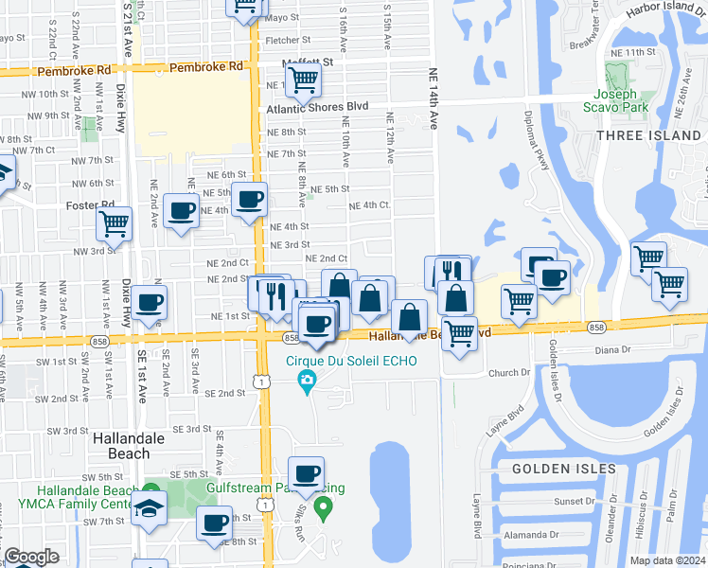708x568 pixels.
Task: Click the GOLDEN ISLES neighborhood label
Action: [564, 469]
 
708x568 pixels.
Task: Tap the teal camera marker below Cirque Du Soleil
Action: [307, 382]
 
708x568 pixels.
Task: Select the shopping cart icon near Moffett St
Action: [302, 80]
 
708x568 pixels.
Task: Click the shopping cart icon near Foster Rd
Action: [114, 224]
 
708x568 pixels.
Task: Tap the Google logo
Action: [31, 557]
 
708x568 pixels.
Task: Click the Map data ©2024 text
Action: [668, 560]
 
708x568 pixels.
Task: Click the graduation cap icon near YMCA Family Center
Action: [149, 507]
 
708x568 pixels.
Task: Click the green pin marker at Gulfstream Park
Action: [323, 509]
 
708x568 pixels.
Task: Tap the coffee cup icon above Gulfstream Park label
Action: [305, 473]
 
